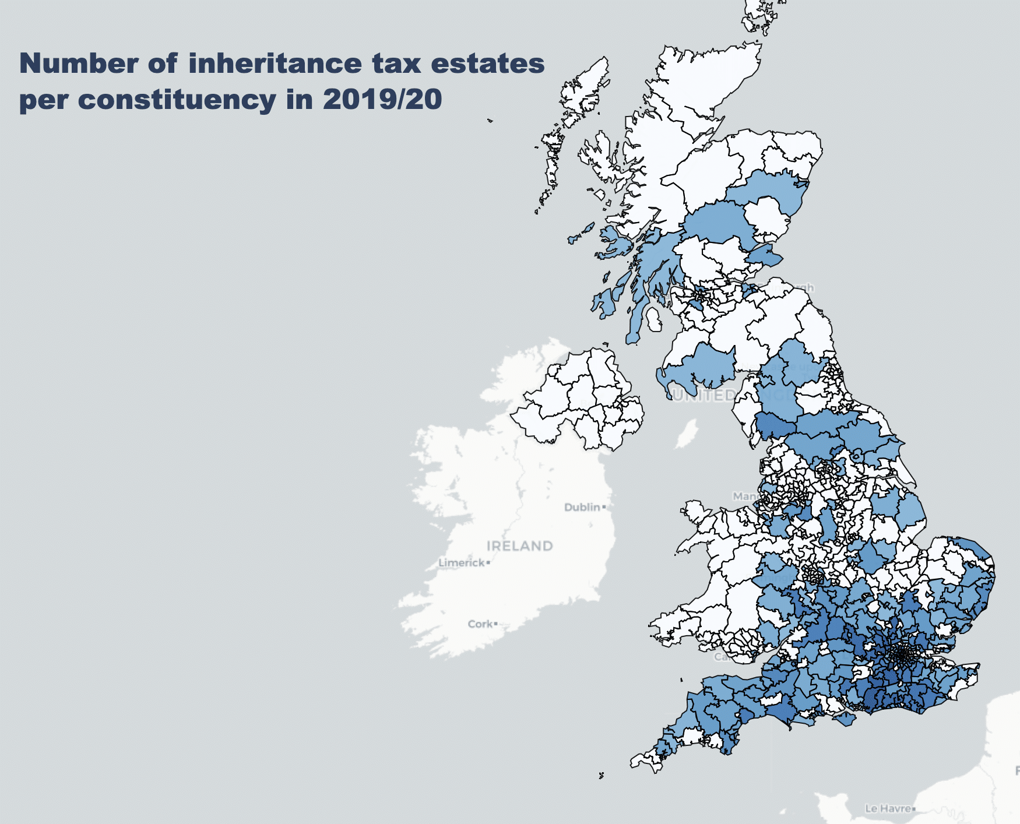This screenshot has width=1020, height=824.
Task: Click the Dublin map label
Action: click(582, 507)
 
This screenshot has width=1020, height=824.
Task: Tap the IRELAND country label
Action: click(519, 546)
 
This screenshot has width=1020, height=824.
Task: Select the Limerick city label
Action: click(462, 563)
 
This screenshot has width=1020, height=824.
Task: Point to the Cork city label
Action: click(480, 624)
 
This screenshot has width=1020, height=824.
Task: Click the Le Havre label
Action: click(888, 808)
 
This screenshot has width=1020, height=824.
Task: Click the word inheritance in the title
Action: click(275, 64)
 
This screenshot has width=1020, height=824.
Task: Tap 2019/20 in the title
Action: click(382, 100)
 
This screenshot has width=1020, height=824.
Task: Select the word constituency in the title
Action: click(177, 100)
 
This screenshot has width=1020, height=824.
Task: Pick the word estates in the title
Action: click(487, 64)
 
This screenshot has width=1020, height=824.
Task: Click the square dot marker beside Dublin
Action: click(604, 507)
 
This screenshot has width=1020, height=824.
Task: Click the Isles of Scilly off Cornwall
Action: click(601, 775)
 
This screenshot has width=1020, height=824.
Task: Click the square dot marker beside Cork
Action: click(496, 624)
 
